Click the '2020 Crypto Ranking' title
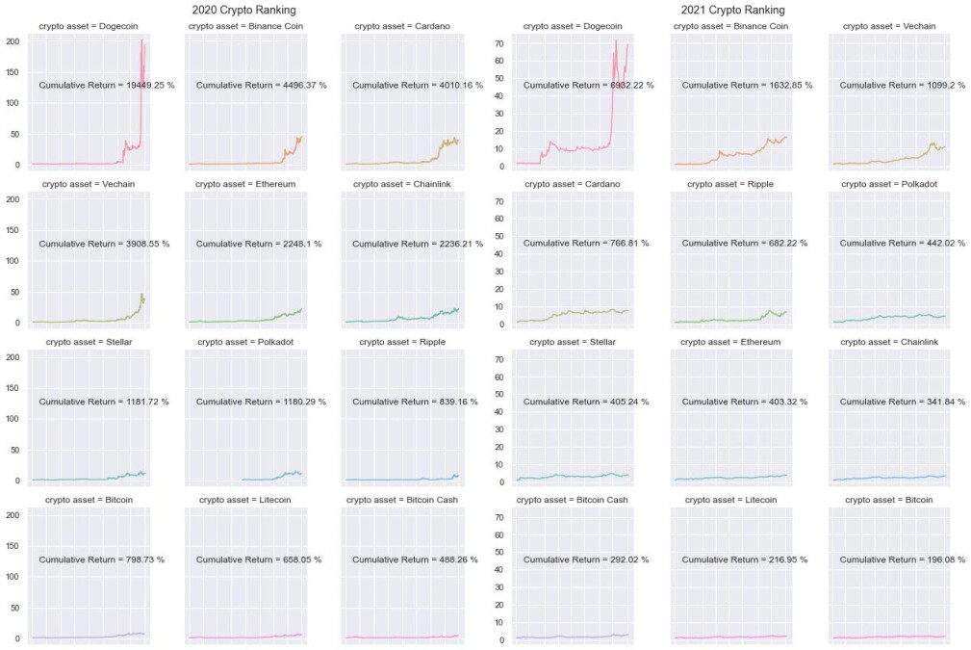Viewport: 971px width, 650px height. (244, 10)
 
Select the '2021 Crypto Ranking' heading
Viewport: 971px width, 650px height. (732, 10)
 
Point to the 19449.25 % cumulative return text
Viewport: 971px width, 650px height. (107, 85)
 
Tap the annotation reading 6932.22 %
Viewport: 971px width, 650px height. (588, 85)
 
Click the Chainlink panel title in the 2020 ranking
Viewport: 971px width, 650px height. (402, 184)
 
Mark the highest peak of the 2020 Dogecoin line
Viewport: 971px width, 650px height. (141, 40)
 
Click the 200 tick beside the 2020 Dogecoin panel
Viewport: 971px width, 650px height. (13, 41)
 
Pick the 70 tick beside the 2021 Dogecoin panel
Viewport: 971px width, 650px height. (499, 43)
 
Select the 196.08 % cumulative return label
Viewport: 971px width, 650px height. (903, 559)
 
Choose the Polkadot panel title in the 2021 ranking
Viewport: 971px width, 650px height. (888, 184)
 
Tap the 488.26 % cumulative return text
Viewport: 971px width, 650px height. (415, 559)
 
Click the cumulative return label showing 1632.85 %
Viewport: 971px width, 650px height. (747, 85)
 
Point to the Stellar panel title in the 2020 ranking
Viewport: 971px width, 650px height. (89, 342)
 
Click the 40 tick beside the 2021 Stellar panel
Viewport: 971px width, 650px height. (499, 411)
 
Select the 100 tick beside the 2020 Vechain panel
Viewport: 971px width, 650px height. (13, 261)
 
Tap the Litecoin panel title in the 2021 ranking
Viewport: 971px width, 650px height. (730, 500)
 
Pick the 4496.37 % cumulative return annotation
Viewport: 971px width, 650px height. (262, 85)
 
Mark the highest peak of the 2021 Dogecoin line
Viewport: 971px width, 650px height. (616, 40)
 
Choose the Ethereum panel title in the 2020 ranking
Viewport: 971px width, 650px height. (245, 184)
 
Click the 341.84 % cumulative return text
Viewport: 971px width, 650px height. (903, 402)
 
